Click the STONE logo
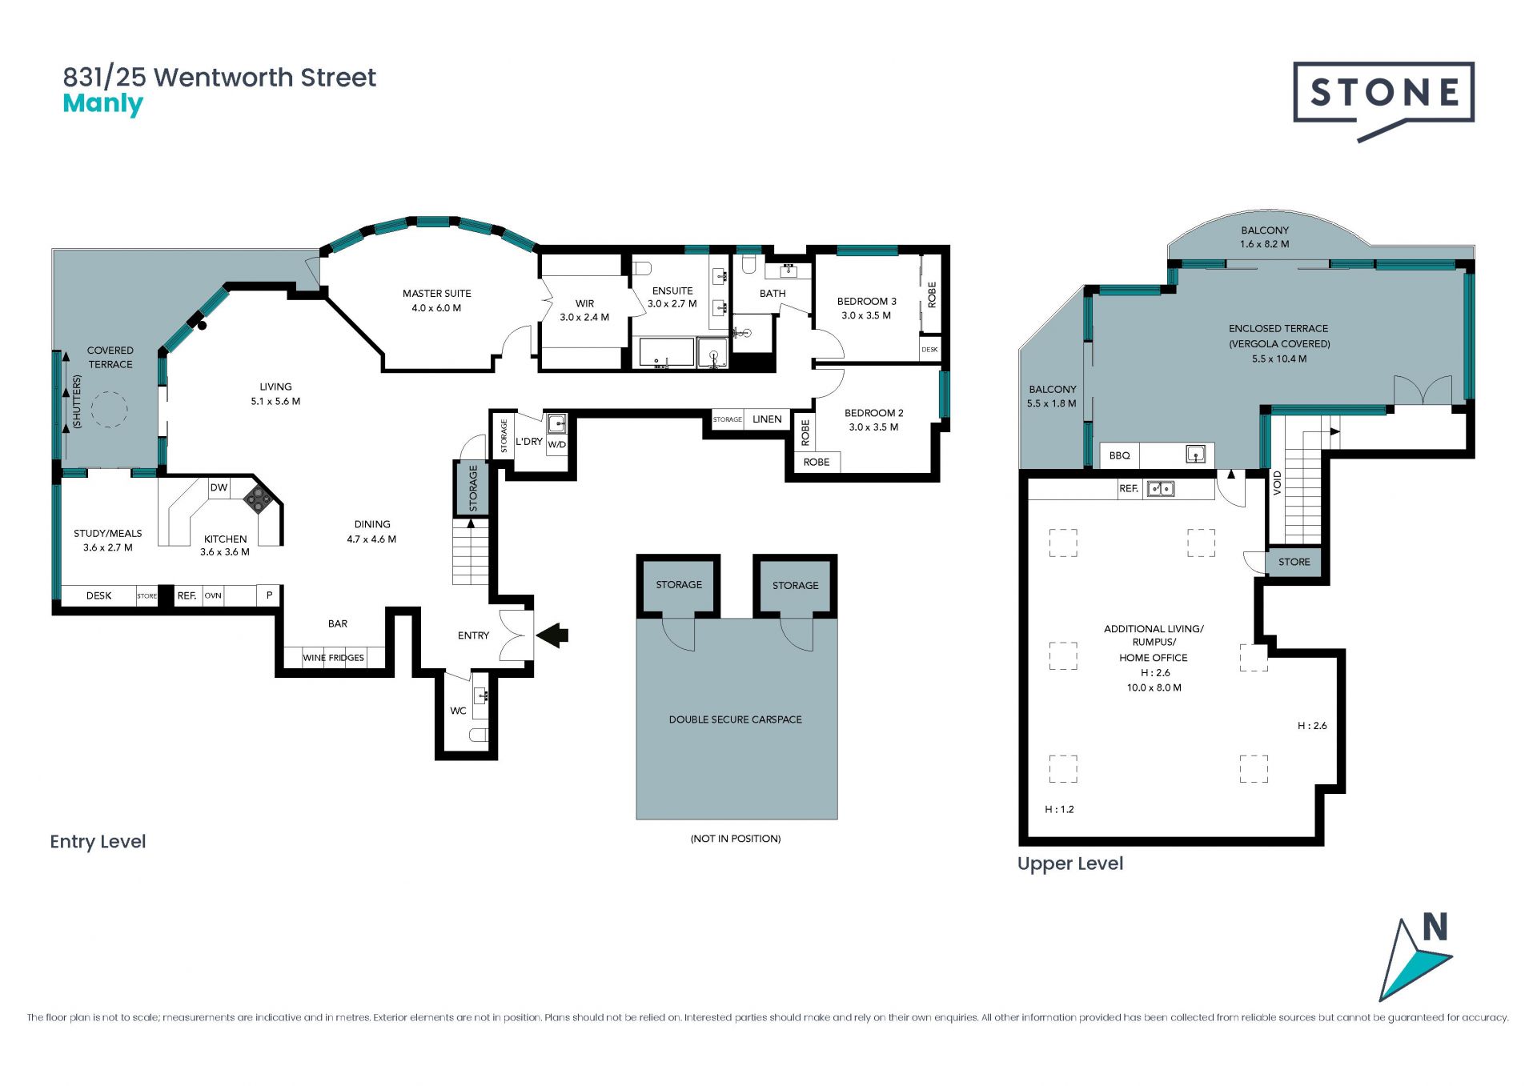[1383, 100]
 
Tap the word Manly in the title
[103, 104]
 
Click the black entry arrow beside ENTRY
[552, 635]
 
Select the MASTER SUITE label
[437, 294]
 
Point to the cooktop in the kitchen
[258, 499]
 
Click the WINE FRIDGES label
[334, 658]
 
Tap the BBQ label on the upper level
[1120, 455]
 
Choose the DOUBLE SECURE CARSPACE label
[736, 719]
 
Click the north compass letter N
[1435, 928]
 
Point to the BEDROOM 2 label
[874, 413]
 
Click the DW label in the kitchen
[219, 487]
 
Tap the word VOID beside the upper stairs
[1278, 483]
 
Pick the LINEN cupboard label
[767, 419]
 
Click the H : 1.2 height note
[1060, 809]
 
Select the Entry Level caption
[98, 842]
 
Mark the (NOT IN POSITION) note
[736, 839]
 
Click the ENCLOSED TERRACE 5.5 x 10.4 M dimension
[1279, 359]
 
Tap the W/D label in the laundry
[557, 445]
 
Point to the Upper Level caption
[1070, 864]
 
